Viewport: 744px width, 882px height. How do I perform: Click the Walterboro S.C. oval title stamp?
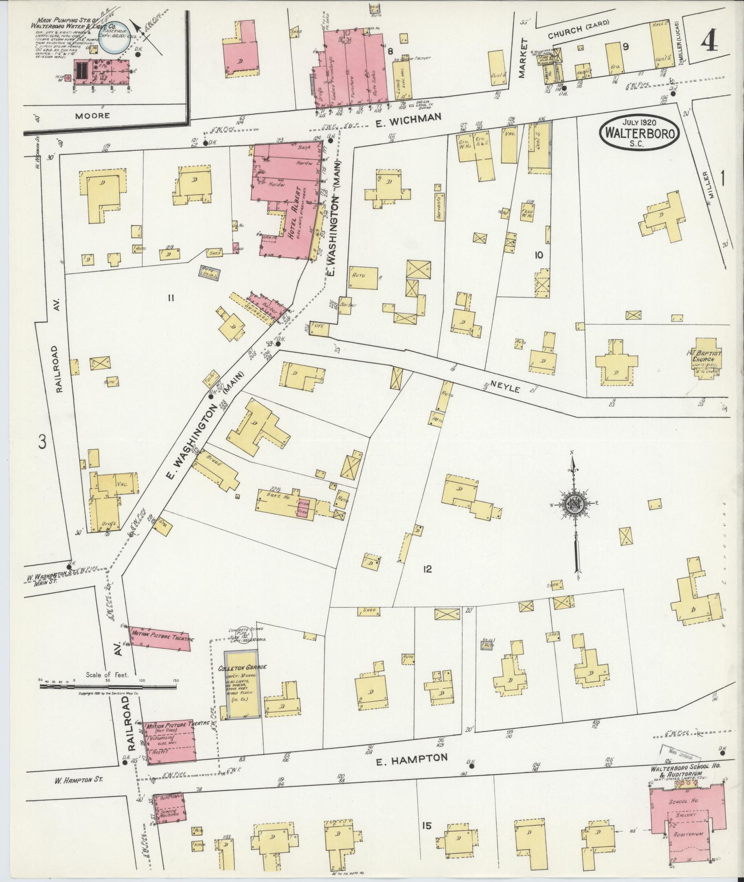[639, 132]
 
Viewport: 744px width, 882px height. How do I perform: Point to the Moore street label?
[92, 115]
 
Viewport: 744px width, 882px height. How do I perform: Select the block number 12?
[427, 569]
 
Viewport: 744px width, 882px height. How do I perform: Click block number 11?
[170, 298]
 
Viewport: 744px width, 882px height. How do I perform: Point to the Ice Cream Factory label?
[412, 59]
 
